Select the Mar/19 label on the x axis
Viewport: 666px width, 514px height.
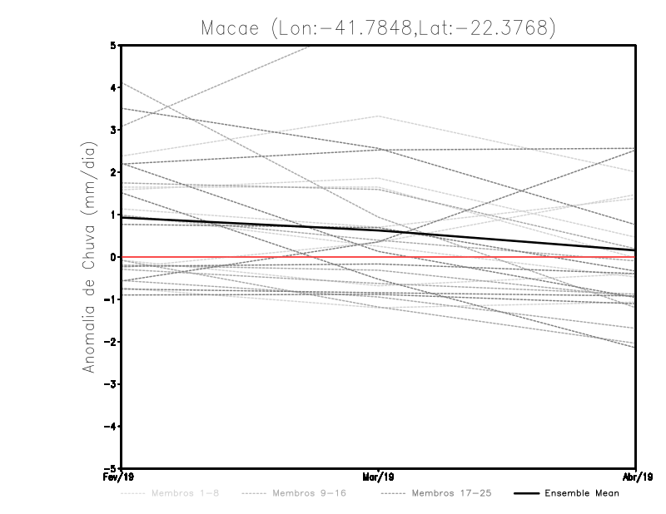(x=379, y=477)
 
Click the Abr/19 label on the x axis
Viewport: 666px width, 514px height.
(x=636, y=477)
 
